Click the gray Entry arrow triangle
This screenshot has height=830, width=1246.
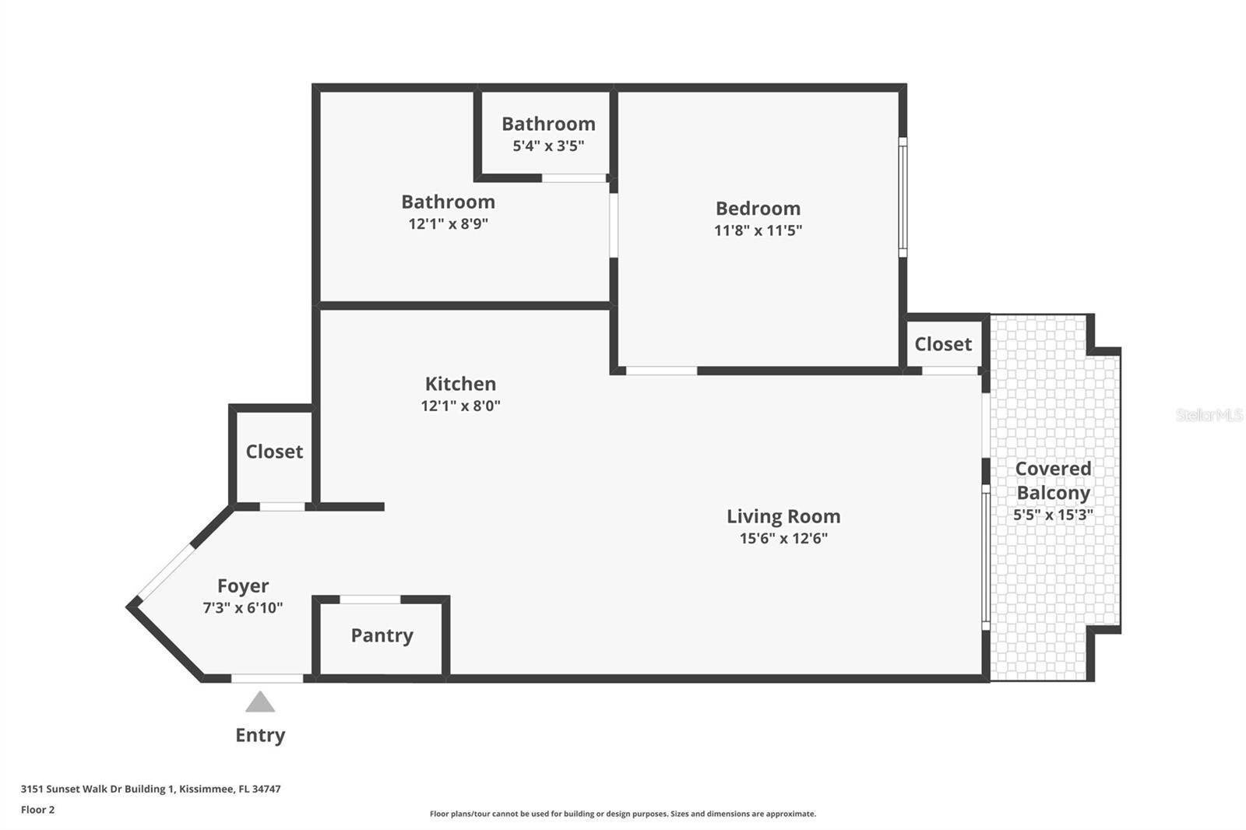point(260,703)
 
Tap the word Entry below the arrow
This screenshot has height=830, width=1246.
point(260,735)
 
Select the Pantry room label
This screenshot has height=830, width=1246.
point(382,635)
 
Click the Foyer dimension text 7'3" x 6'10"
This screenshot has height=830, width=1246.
point(242,608)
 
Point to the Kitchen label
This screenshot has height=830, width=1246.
point(460,384)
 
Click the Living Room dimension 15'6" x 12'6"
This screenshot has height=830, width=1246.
point(783,538)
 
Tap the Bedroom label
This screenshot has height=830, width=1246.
point(758,209)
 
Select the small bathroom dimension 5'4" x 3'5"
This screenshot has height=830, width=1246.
point(548,146)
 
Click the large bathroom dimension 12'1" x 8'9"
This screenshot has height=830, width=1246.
point(448,224)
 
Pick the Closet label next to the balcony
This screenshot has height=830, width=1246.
point(942,344)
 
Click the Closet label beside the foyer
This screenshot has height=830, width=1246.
point(274,452)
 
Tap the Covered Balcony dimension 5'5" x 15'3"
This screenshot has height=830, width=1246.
point(1053,515)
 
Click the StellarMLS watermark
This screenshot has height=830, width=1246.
point(1209,415)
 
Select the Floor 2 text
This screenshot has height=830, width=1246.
point(37,810)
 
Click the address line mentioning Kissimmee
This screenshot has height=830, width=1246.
point(150,789)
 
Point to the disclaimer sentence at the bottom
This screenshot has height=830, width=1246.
point(622,814)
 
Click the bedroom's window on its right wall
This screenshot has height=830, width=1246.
point(903,197)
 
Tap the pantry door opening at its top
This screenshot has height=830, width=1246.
point(370,600)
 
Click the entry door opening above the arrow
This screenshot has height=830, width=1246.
point(267,679)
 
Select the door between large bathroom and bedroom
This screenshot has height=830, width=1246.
point(614,225)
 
